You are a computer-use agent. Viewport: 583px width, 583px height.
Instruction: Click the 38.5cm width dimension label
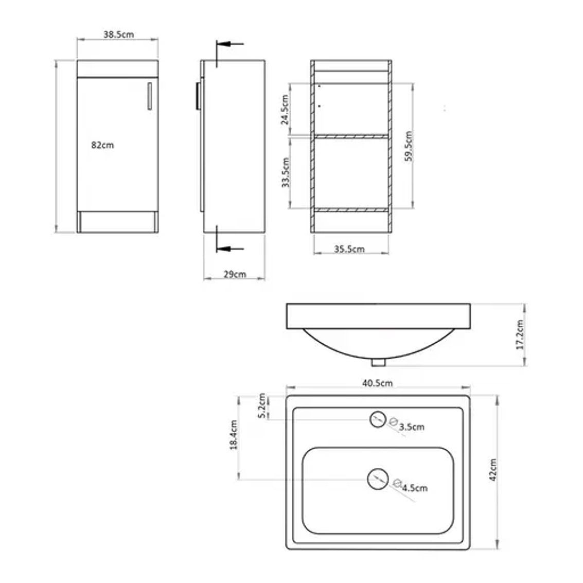pyautogui.click(x=118, y=35)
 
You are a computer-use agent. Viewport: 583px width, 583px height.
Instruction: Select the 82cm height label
pyautogui.click(x=102, y=145)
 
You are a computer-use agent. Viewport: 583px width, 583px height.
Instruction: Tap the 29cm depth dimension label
pyautogui.click(x=235, y=274)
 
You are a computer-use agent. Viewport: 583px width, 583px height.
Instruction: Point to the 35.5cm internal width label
pyautogui.click(x=349, y=249)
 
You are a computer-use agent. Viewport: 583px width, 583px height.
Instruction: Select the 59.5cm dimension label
pyautogui.click(x=409, y=146)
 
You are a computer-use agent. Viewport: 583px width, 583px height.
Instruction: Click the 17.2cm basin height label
pyautogui.click(x=520, y=335)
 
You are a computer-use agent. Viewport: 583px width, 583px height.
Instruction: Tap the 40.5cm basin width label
pyautogui.click(x=377, y=383)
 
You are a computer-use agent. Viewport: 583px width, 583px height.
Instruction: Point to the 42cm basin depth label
pyautogui.click(x=493, y=469)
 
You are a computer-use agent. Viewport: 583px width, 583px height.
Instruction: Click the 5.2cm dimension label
pyautogui.click(x=261, y=406)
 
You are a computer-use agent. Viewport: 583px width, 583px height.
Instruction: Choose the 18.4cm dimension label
pyautogui.click(x=234, y=435)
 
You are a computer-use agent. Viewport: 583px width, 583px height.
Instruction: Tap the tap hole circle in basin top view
pyautogui.click(x=378, y=419)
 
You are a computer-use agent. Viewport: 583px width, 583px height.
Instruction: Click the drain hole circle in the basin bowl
pyautogui.click(x=377, y=479)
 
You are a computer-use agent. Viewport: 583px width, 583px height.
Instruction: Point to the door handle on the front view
pyautogui.click(x=149, y=96)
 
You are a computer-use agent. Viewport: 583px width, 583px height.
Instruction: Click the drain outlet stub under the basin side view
pyautogui.click(x=378, y=362)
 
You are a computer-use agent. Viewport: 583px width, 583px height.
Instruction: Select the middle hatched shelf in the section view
pyautogui.click(x=351, y=136)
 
